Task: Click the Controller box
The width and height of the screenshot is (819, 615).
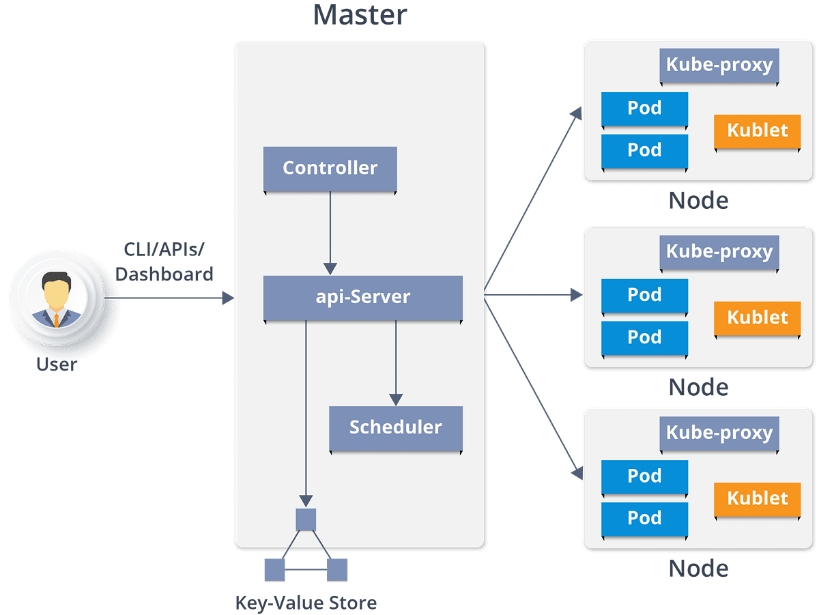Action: tap(330, 169)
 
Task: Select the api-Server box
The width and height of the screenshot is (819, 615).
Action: tap(362, 298)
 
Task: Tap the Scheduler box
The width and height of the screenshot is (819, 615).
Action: tap(396, 428)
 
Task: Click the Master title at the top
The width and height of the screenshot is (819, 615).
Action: tap(360, 15)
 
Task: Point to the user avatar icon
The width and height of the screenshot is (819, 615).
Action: tap(57, 299)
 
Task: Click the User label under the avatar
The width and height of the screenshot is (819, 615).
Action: tap(57, 364)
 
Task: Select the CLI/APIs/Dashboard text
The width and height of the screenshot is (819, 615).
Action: tap(164, 262)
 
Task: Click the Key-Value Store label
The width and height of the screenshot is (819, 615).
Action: tap(306, 603)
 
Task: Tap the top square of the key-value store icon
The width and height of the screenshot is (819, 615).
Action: tap(306, 519)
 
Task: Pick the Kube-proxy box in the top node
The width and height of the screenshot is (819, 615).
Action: tap(719, 66)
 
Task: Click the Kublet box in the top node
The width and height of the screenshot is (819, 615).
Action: tap(757, 130)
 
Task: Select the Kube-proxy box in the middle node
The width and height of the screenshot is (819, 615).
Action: tap(719, 252)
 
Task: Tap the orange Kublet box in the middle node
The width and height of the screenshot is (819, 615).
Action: tap(757, 318)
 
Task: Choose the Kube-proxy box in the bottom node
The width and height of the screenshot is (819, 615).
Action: tap(719, 433)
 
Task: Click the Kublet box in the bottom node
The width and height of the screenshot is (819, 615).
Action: tap(757, 498)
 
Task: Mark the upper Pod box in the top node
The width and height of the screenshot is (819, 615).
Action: tap(644, 109)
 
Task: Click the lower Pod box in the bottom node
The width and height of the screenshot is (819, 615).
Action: tap(644, 519)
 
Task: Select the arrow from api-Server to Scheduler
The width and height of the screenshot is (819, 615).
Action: tap(396, 362)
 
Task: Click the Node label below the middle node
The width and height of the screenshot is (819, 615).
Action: tap(698, 387)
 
